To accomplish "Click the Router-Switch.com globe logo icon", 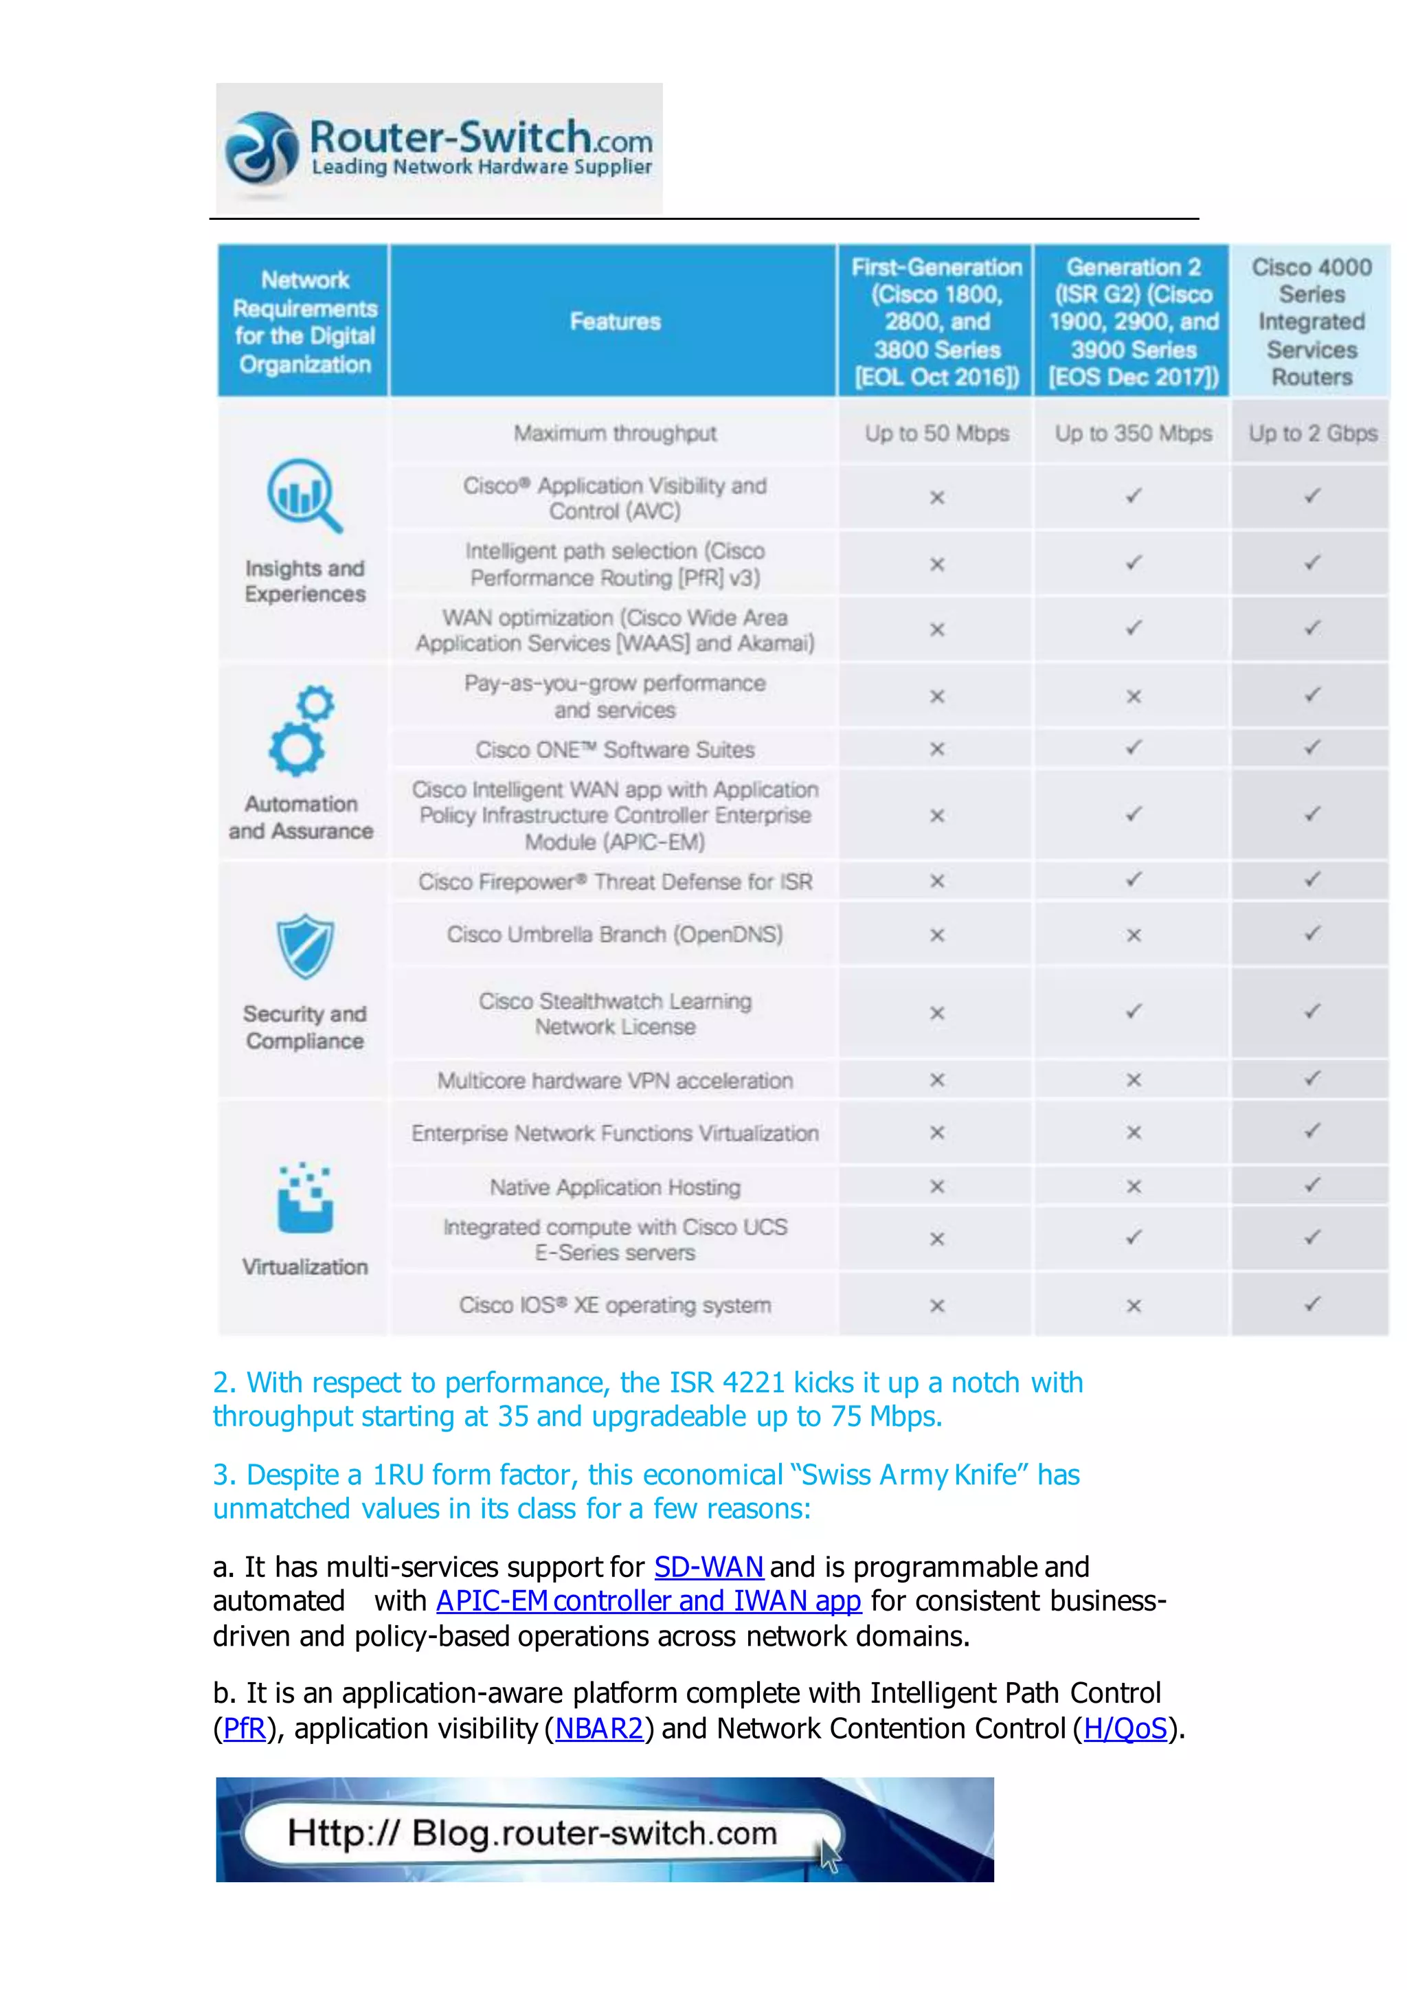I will coord(261,149).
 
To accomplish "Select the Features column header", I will coord(614,322).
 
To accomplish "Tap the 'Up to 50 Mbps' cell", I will coord(936,434).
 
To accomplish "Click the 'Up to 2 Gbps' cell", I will coord(1312,434).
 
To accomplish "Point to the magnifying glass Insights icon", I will coord(304,495).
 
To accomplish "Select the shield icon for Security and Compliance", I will coord(305,946).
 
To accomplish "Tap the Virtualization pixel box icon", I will coord(305,1198).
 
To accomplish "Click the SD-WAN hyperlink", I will coord(708,1567).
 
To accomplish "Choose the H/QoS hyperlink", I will coord(1125,1728).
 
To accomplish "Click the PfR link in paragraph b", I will coord(245,1728).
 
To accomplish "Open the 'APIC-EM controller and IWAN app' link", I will coord(648,1601).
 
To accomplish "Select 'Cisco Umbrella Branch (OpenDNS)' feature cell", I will coord(614,935).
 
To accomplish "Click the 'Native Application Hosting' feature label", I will coord(614,1187).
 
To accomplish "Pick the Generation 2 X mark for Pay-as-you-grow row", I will coord(1133,697).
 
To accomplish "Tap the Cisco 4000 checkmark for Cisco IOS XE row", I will coord(1312,1304).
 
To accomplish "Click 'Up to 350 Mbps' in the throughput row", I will coord(1133,434).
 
